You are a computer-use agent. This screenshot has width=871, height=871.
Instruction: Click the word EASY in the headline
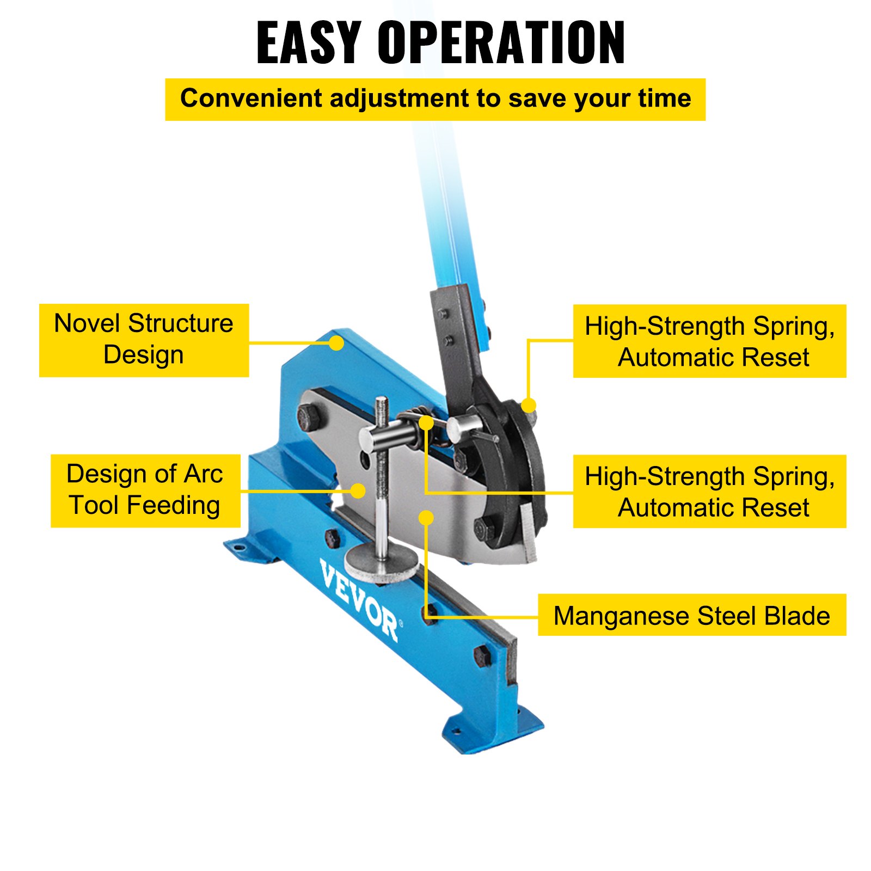308,42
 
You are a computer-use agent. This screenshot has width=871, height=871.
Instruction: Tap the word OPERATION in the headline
501,42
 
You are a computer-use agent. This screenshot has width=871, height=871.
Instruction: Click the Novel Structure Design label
144,340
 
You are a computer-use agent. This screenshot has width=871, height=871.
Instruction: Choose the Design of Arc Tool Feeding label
145,490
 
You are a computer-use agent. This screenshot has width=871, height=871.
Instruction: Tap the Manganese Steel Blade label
691,615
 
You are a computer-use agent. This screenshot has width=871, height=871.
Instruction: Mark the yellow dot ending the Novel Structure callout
336,343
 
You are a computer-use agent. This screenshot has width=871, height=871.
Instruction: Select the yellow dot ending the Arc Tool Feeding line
358,490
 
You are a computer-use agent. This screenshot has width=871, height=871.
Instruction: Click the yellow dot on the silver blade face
426,518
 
